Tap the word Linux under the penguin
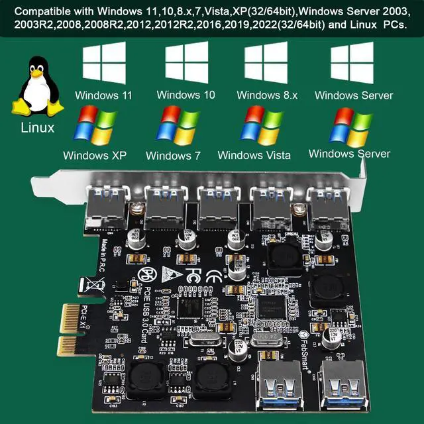tap(38, 128)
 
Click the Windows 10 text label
tap(186, 95)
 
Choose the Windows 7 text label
tap(173, 156)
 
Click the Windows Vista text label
tap(254, 156)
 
